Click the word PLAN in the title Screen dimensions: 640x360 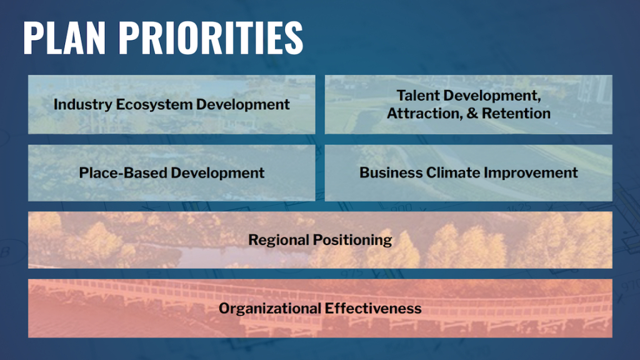(x=64, y=37)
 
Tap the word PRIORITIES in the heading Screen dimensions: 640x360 (x=211, y=37)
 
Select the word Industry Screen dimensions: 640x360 (x=83, y=104)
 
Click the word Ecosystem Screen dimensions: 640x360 (x=154, y=104)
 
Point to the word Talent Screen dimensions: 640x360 (x=418, y=96)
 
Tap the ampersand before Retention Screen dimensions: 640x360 (x=472, y=114)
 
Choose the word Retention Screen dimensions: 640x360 (x=516, y=114)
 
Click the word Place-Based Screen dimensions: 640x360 (x=123, y=172)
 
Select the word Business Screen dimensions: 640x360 (x=391, y=172)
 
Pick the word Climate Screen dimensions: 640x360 (x=454, y=172)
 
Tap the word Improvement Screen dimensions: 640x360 (x=531, y=173)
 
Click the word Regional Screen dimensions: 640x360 (x=277, y=241)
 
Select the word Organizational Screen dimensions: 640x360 (x=270, y=309)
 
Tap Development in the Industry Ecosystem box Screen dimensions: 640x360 (x=243, y=104)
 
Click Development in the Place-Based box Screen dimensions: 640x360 (x=217, y=173)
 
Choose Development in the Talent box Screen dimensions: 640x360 (x=492, y=96)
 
